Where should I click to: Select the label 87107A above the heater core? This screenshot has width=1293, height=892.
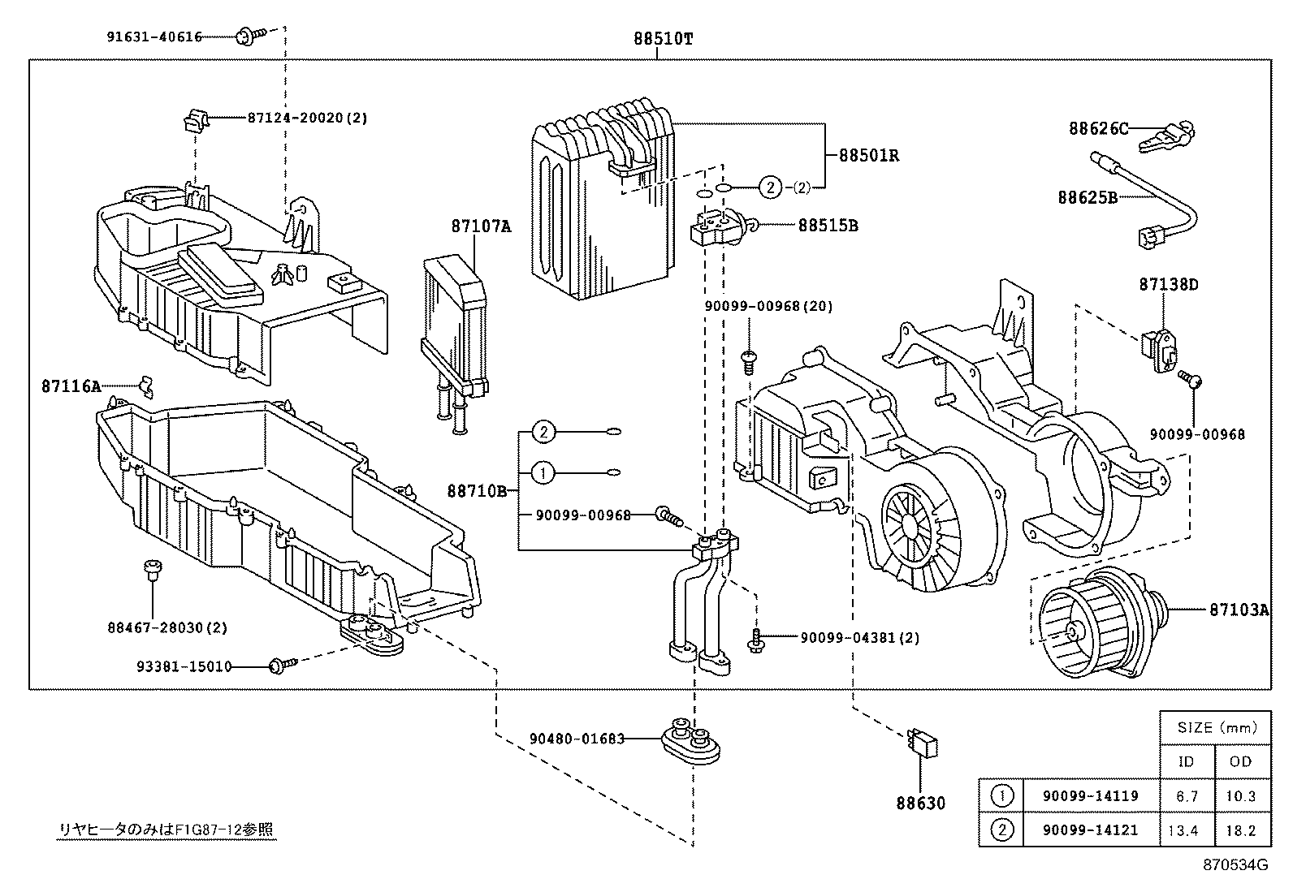[481, 226]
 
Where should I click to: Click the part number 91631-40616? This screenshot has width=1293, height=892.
[154, 37]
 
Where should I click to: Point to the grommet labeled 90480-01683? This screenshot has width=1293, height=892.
[690, 739]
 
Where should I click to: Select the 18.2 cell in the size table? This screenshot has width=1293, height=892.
[1241, 830]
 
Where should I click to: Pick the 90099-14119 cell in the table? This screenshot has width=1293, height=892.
[1090, 796]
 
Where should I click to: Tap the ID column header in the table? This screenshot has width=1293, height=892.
[1187, 761]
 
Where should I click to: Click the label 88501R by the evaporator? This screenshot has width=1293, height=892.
[868, 155]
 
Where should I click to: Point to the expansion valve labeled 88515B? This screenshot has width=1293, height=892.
[715, 228]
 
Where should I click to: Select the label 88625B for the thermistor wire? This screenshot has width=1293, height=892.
[1087, 197]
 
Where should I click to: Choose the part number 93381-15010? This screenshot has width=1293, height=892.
[184, 666]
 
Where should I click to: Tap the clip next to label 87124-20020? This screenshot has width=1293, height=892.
[193, 120]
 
